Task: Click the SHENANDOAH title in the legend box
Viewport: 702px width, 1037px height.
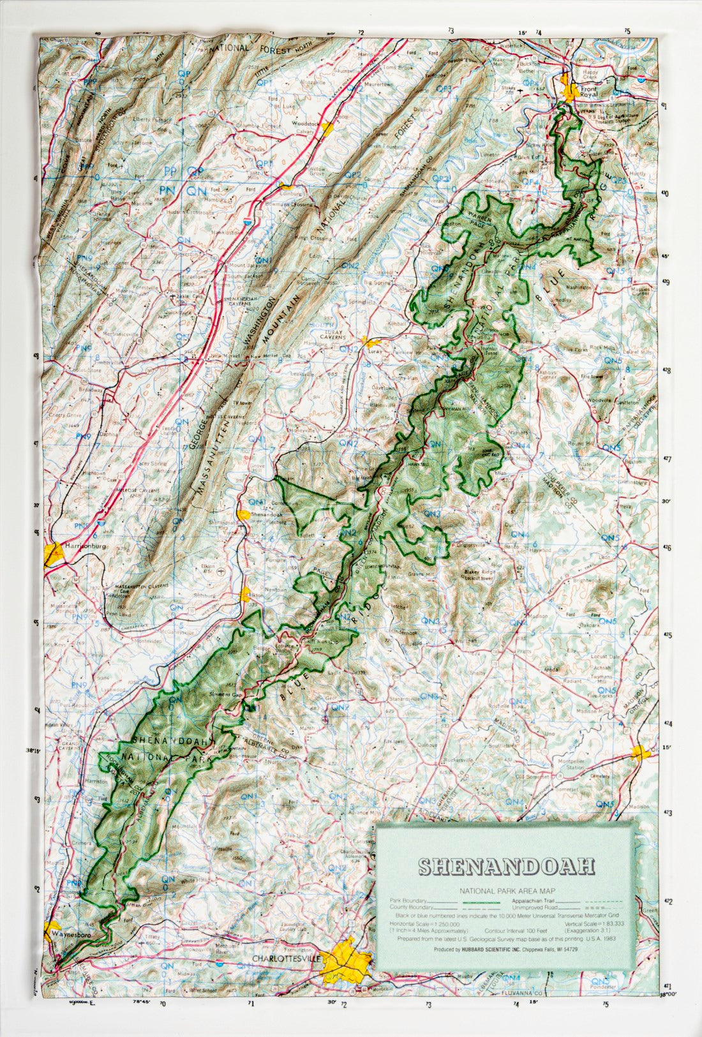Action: pos(506,866)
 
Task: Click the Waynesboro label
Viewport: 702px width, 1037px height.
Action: pos(69,934)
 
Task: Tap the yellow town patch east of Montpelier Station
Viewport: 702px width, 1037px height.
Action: pos(641,752)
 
